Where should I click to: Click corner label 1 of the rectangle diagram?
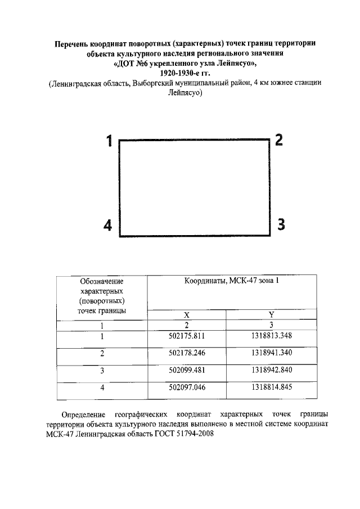tap(110, 141)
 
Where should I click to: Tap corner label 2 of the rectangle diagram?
tap(278, 140)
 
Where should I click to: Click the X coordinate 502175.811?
tap(186, 336)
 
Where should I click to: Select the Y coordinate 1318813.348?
tap(271, 336)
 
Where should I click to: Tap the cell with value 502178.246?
tap(186, 354)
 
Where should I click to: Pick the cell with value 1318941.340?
tap(271, 354)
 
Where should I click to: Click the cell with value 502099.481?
tap(186, 371)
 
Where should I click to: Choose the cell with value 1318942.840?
tap(271, 371)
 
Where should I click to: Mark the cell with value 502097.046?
tap(186, 388)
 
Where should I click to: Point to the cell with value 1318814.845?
tap(271, 388)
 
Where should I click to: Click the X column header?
tap(186, 315)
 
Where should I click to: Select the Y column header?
tap(271, 315)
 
